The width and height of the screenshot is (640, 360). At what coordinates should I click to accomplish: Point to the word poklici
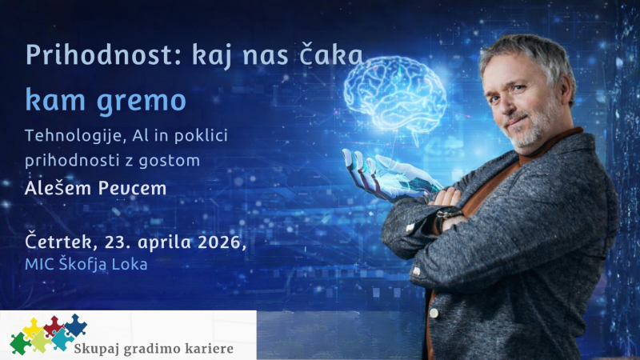tap(200, 136)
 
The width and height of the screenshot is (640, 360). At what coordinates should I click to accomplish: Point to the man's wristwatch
tap(445, 218)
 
